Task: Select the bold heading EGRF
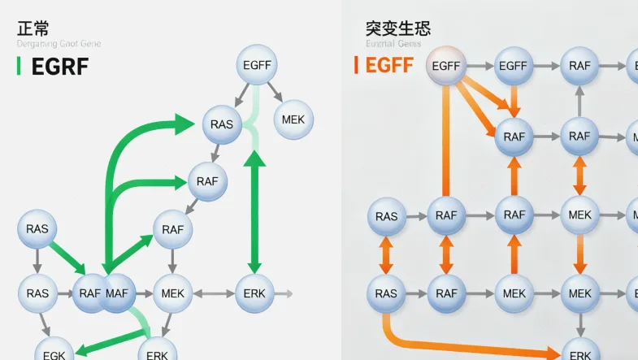pyautogui.click(x=59, y=67)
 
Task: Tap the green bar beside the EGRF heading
pyautogui.click(x=19, y=67)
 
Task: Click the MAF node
pyautogui.click(x=117, y=293)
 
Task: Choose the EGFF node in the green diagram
pyautogui.click(x=258, y=65)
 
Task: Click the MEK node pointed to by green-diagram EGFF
pyautogui.click(x=293, y=119)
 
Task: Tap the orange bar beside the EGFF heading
pyautogui.click(x=356, y=65)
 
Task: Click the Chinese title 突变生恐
pyautogui.click(x=397, y=28)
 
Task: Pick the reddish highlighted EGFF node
pyautogui.click(x=446, y=66)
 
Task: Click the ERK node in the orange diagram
pyautogui.click(x=580, y=353)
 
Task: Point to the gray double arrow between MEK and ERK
pyautogui.click(x=214, y=293)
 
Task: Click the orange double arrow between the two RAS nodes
pyautogui.click(x=387, y=255)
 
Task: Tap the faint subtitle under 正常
pyautogui.click(x=59, y=44)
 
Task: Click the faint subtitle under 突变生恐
pyautogui.click(x=393, y=44)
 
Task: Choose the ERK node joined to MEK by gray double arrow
pyautogui.click(x=255, y=293)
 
